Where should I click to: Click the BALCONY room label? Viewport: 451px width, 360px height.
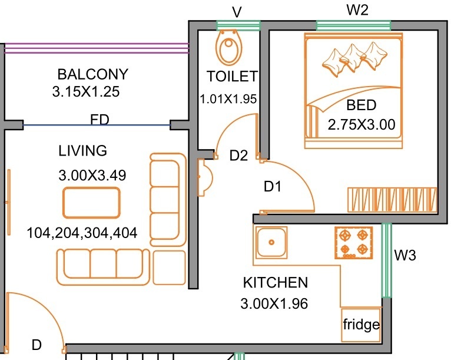92,75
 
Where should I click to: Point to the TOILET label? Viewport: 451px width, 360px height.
232,77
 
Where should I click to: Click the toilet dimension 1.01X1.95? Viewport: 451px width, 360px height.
228,99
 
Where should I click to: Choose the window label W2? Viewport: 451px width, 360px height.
356,10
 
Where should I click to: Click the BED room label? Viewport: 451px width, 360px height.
361,106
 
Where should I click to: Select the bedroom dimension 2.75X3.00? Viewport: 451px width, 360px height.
361,124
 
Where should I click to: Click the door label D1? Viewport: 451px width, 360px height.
273,187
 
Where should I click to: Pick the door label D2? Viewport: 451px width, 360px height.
238,156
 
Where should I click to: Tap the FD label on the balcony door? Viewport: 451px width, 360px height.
100,120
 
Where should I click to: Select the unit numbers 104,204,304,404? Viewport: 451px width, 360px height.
82,233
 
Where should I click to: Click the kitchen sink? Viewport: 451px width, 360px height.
271,242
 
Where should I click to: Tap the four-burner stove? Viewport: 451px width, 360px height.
354,243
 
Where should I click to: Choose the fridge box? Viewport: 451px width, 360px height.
361,325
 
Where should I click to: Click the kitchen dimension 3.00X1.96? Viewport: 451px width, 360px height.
274,304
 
